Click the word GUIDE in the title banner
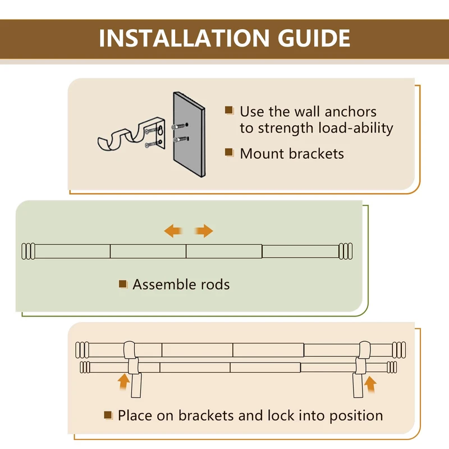coord(314,38)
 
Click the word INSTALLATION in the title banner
coord(184,38)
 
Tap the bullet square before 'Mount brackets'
coord(229,152)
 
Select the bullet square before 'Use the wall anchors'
coord(229,111)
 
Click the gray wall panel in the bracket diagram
coord(189,134)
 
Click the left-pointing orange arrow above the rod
coord(173,231)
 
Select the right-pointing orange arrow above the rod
coord(204,231)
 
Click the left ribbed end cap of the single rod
coord(29,251)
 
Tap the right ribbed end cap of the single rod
coord(346,251)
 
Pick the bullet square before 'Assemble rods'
coord(123,284)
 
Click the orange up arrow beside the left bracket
coord(123,382)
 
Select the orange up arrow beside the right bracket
coord(370,384)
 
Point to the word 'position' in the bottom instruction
coord(356,416)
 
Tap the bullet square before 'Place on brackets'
coord(108,415)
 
